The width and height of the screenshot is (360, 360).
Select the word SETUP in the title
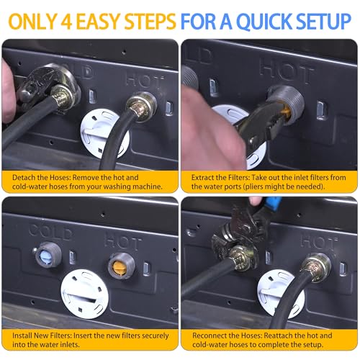click(324, 22)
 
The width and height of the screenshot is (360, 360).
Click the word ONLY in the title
click(32, 22)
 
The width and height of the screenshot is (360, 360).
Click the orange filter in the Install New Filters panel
click(118, 266)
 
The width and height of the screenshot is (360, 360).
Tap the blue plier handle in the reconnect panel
click(274, 203)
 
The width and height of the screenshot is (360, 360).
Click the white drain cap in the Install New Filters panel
click(84, 294)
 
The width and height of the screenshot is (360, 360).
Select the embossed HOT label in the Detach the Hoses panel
click(145, 80)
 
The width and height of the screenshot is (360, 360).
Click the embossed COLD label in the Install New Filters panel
click(50, 232)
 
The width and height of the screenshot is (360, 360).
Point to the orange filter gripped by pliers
click(287, 111)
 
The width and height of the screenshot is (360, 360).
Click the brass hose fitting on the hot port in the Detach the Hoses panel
click(141, 107)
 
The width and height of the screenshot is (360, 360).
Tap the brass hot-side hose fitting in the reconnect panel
click(316, 267)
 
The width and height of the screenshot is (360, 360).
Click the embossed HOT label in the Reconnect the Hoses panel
click(319, 242)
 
